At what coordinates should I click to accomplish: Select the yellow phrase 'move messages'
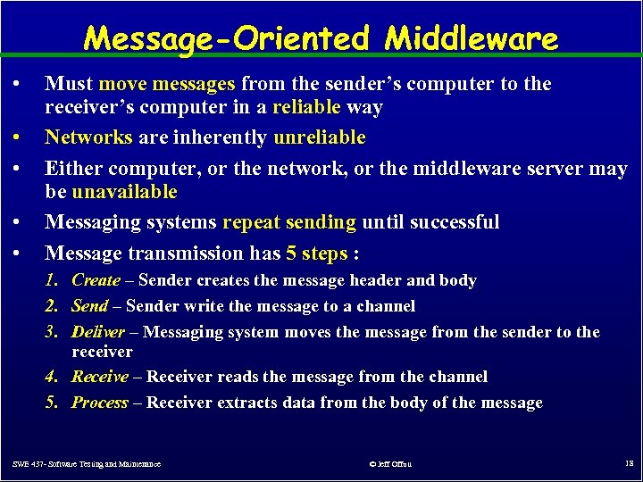tap(167, 84)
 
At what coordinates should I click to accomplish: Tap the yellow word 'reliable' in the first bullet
tap(306, 108)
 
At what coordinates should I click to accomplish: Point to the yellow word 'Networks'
tap(88, 137)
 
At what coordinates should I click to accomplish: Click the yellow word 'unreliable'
tap(320, 137)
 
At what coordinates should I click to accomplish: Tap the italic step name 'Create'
tap(96, 280)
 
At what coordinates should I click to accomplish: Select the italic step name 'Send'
tap(89, 306)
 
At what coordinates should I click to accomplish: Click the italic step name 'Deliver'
tap(98, 332)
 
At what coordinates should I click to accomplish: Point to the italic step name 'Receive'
tap(100, 377)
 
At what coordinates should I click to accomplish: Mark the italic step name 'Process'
tap(100, 403)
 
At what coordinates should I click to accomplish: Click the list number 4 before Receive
tap(52, 377)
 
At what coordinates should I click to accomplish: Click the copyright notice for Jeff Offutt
tap(390, 464)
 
